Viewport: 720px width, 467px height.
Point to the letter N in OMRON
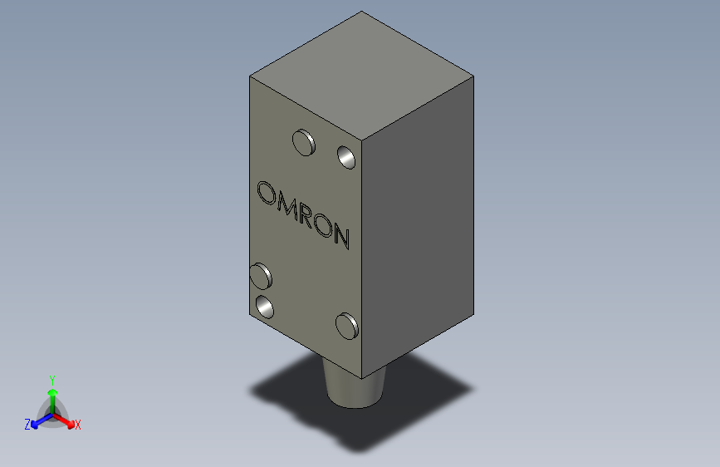coord(341,237)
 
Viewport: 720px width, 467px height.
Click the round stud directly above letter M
coord(304,143)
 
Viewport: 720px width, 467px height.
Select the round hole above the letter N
coord(346,156)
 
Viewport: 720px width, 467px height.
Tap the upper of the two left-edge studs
coord(262,274)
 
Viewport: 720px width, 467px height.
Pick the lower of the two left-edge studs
coord(266,307)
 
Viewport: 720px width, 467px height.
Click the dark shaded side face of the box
coord(419,224)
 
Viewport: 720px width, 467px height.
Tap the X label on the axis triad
coord(78,425)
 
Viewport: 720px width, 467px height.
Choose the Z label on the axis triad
coord(27,425)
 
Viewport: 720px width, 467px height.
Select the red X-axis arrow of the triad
coord(66,419)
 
